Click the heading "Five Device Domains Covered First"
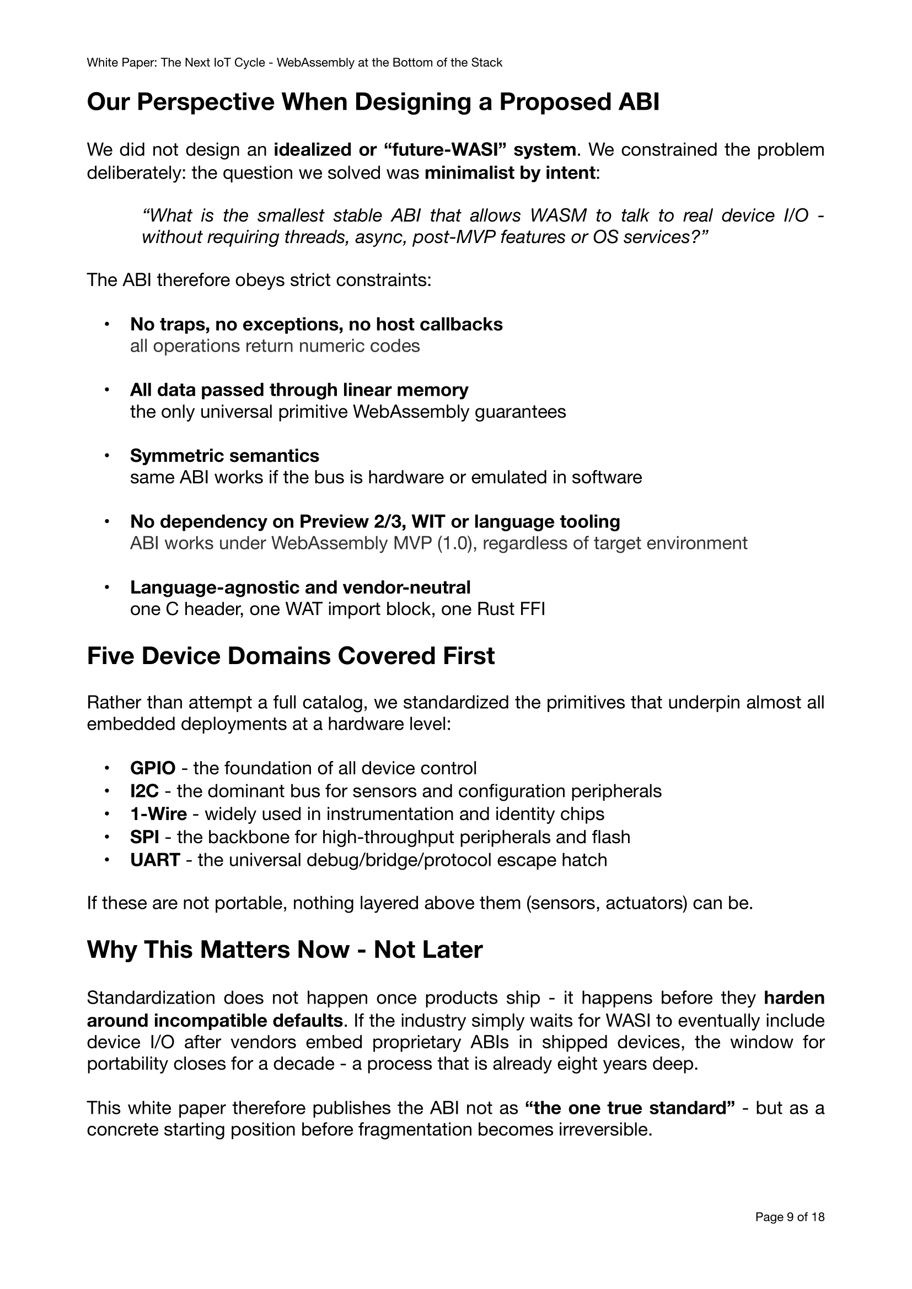[x=291, y=656]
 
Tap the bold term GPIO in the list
[x=152, y=768]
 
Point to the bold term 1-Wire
[x=158, y=813]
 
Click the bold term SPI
[x=144, y=837]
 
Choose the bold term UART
[x=155, y=860]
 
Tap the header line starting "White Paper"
[x=294, y=62]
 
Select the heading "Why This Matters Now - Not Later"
[x=284, y=950]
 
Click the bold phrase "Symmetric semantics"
[x=224, y=455]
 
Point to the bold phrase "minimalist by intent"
[x=509, y=172]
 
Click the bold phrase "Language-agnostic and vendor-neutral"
[x=300, y=587]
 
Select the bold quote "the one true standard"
[x=630, y=1108]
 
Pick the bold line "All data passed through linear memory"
[x=299, y=390]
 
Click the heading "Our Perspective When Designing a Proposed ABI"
[x=373, y=101]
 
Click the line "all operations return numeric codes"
[x=275, y=346]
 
